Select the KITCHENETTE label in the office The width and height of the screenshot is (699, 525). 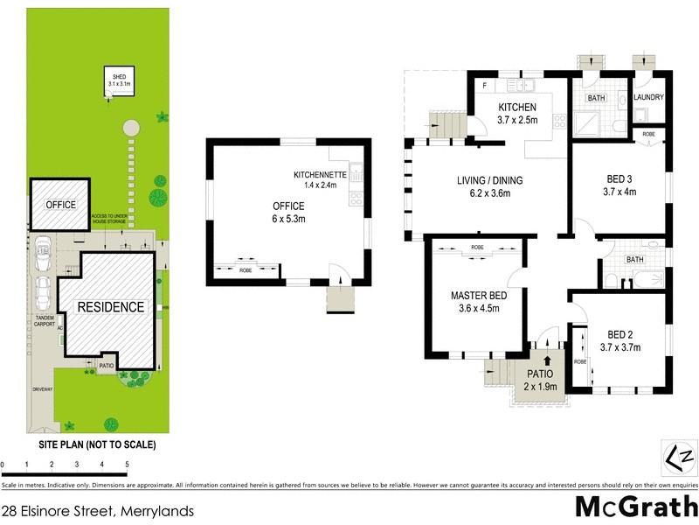pos(321,175)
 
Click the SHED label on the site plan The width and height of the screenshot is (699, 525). pos(116,76)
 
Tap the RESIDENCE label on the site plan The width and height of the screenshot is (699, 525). pos(110,307)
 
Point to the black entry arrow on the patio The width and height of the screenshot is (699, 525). pos(547,359)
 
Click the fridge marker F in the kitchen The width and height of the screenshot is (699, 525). pos(485,86)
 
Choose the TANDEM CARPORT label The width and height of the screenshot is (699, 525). pos(44,320)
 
